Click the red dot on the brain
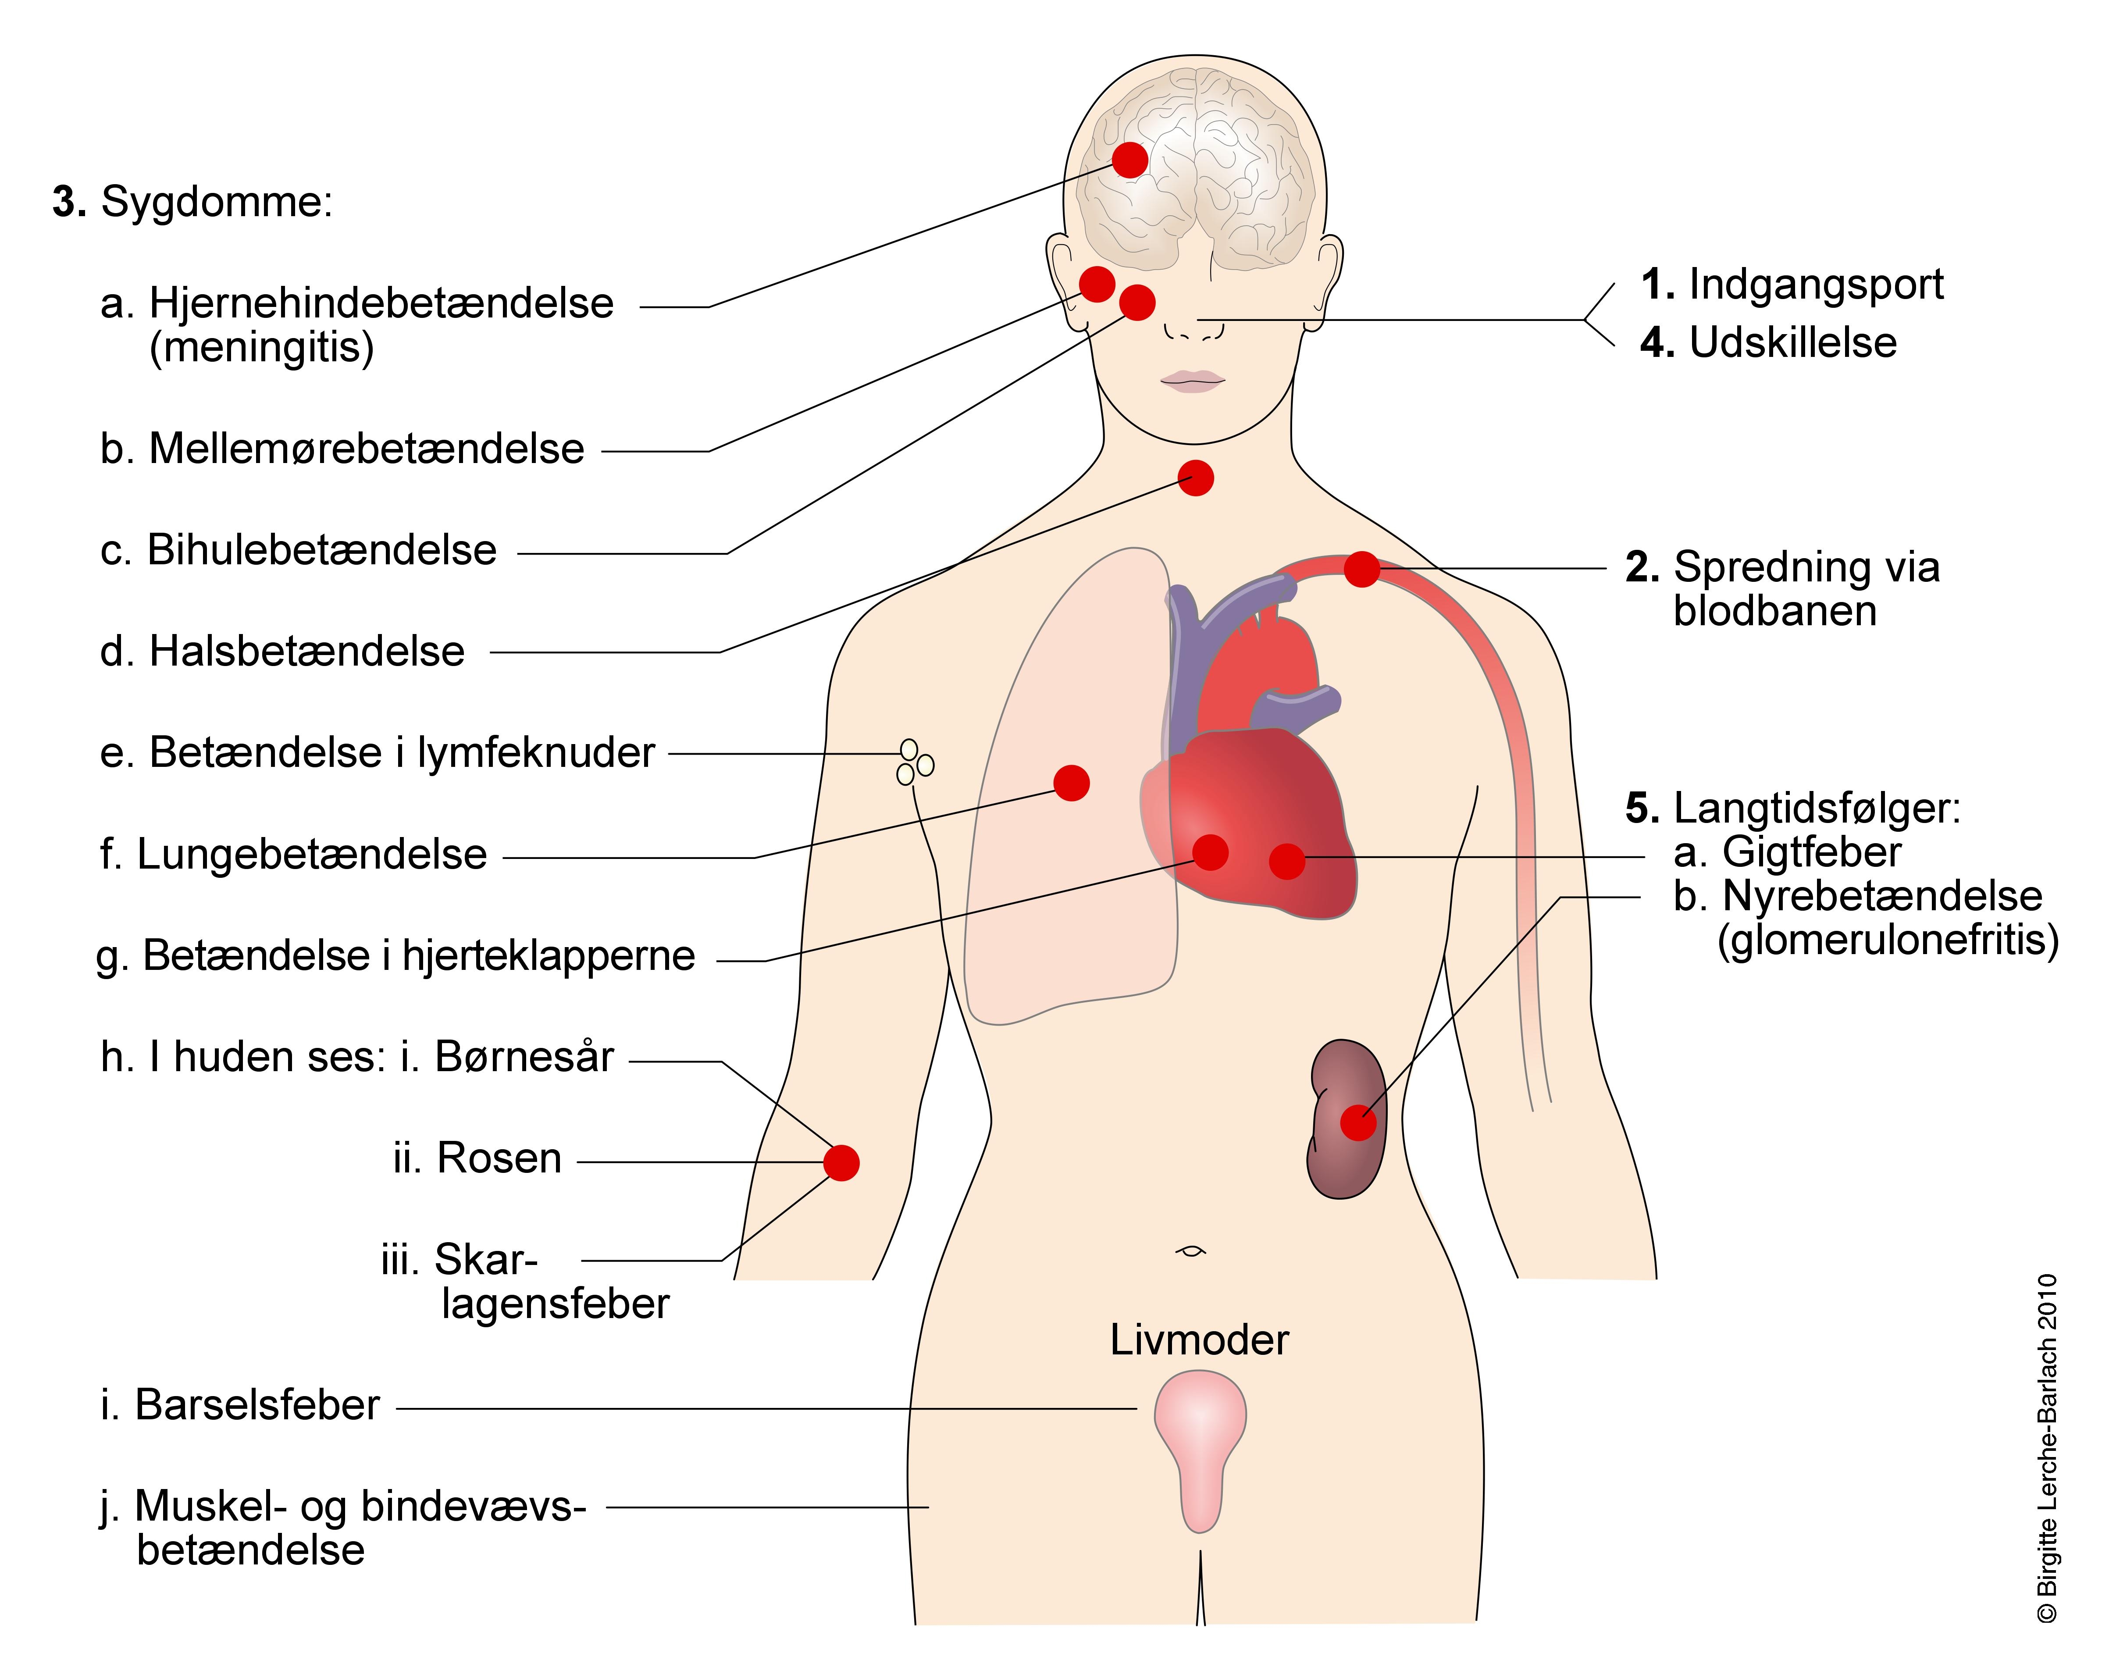tap(1130, 160)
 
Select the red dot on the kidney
tap(1358, 1122)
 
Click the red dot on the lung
tap(1071, 783)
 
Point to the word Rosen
tap(499, 1158)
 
